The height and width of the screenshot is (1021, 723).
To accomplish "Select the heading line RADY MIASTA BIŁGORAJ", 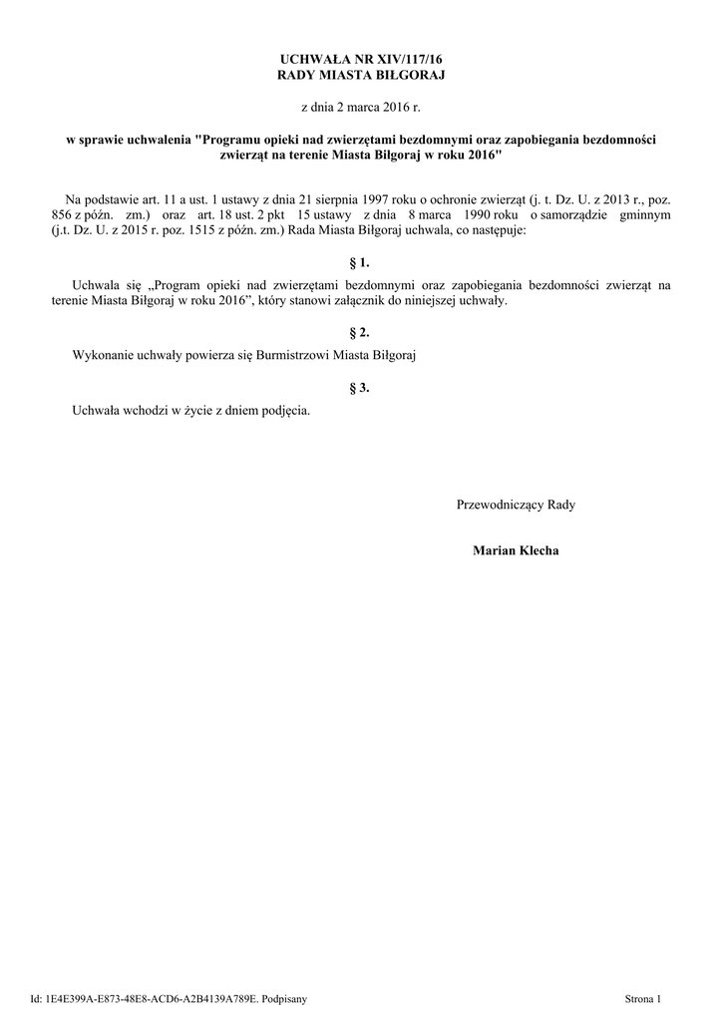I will click(x=361, y=76).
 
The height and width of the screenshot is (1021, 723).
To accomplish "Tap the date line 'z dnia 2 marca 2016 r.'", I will click(x=361, y=106).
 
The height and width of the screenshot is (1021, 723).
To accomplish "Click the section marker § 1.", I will click(x=361, y=263).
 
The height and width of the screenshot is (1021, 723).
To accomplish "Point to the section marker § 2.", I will click(x=361, y=332).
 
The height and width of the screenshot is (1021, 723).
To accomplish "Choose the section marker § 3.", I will click(x=361, y=388).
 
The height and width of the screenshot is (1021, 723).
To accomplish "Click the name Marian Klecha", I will click(x=516, y=550).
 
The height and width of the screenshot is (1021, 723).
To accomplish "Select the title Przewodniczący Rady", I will click(x=516, y=505).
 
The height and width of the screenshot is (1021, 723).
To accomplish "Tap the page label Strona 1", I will click(x=642, y=998).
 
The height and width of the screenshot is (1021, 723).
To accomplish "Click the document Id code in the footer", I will click(x=151, y=998).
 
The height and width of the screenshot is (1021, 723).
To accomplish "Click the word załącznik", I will click(x=385, y=300).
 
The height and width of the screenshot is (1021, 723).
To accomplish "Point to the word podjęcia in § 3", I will click(x=287, y=410).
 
